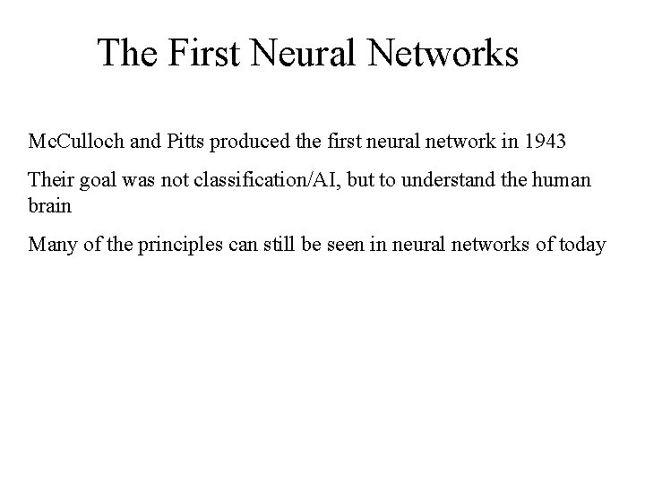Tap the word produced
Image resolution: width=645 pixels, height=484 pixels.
250,142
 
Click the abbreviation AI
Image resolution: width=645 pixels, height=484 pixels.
320,179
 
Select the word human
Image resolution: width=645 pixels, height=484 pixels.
565,179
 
